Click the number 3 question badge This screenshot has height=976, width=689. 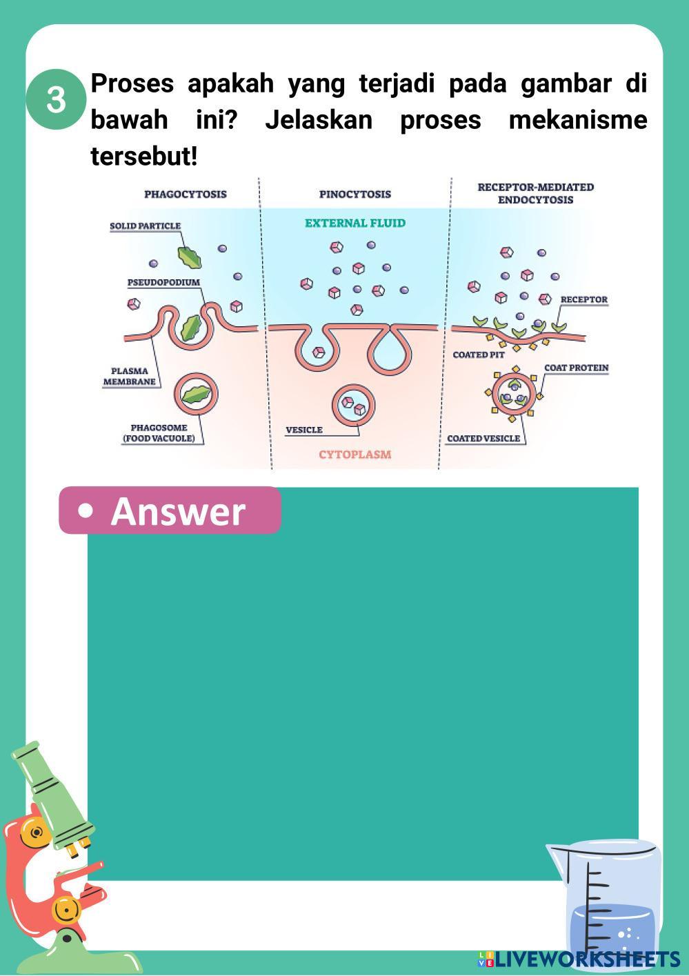tap(56, 99)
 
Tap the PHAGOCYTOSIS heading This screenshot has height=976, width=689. tap(185, 194)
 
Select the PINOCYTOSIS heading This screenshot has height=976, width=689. tap(355, 194)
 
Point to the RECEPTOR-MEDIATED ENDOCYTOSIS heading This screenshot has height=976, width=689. tap(535, 193)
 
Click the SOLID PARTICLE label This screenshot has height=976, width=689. tap(145, 226)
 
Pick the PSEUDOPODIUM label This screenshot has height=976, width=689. tap(163, 282)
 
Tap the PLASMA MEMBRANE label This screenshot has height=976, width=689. tap(130, 376)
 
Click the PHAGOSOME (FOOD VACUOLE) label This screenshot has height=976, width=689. tap(159, 432)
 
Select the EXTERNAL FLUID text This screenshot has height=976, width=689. tap(355, 223)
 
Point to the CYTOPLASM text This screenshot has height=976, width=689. tap(355, 454)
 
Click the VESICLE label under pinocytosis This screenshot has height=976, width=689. tap(304, 430)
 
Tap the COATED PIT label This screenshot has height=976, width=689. tap(479, 355)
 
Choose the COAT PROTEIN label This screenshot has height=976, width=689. tap(577, 368)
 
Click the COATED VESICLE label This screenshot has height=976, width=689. tap(483, 438)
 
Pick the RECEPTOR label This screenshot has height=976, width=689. tap(583, 299)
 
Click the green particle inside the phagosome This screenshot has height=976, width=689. tap(199, 394)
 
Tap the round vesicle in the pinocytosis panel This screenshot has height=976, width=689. tap(354, 405)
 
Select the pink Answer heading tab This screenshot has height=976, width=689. tap(170, 510)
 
